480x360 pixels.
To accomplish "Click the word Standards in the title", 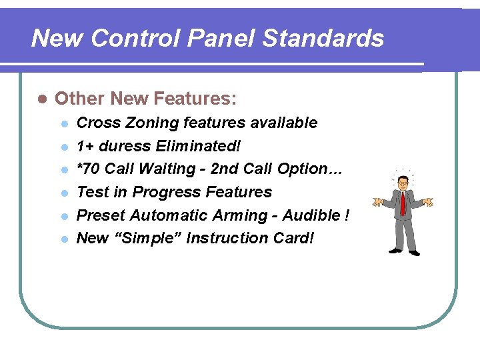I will coord(323,39).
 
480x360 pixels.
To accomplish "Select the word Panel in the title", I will coord(223,39).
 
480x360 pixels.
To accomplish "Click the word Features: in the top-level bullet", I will coord(195,99).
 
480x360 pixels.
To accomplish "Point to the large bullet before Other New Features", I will coord(41,99).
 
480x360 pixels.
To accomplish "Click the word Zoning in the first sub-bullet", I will coord(151,123).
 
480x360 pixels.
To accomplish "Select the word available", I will coord(284,123).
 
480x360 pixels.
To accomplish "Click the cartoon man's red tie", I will coord(403,203).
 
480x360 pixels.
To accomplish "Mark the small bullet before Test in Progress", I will coord(64,193).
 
